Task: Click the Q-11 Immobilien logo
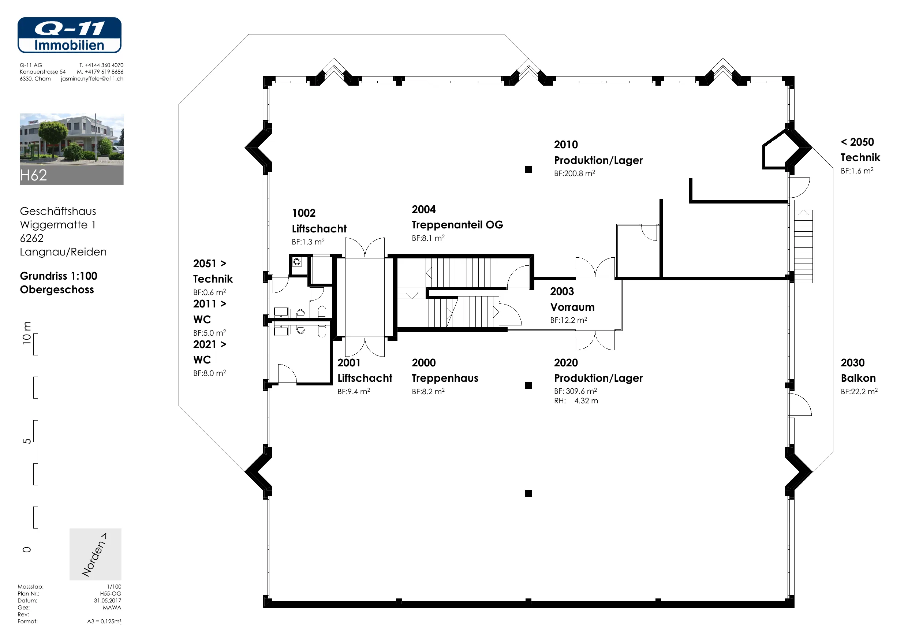tap(69, 35)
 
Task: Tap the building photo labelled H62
tap(72, 149)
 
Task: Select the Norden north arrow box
tap(95, 554)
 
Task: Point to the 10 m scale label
tap(26, 333)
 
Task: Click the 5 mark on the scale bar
tap(26, 441)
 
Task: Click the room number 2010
tap(566, 145)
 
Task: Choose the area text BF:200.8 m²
tap(575, 173)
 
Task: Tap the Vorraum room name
tap(572, 307)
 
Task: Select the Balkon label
tap(858, 378)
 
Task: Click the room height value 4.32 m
tap(586, 401)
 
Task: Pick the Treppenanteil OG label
tap(457, 225)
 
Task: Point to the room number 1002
tap(304, 213)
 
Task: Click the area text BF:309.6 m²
tap(575, 391)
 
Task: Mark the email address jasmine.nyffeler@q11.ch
tap(92, 79)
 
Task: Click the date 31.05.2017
tap(108, 601)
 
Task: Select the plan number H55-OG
tap(111, 593)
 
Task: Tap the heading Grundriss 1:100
tap(59, 276)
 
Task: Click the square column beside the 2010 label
tap(529, 169)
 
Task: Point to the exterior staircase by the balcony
tap(804, 246)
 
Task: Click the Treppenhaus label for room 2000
tap(445, 378)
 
